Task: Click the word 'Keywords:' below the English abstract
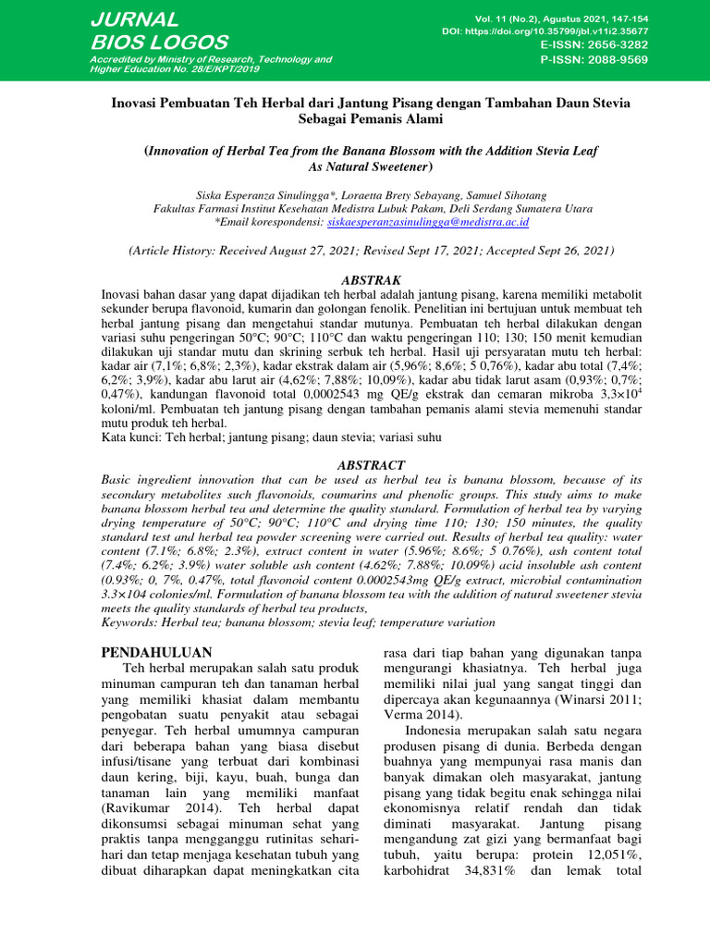point(130,623)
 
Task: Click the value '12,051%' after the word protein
point(592,854)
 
